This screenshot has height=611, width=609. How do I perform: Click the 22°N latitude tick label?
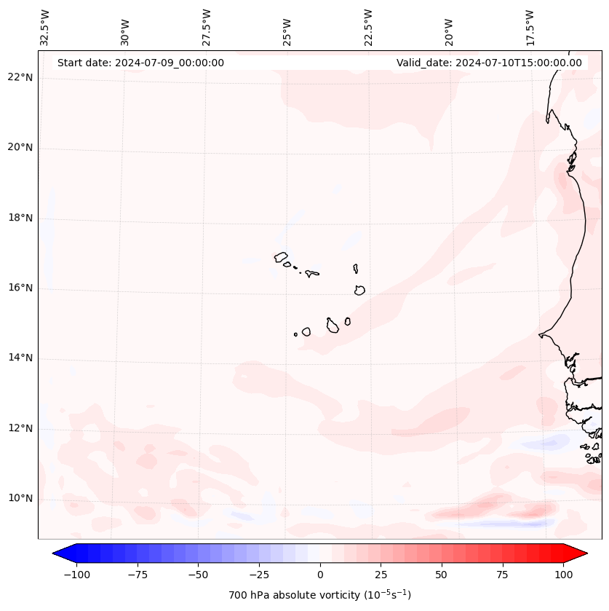20,78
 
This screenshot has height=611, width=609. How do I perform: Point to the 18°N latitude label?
20,218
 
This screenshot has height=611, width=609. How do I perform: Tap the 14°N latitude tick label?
20,358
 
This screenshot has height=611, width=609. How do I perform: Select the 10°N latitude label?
20,498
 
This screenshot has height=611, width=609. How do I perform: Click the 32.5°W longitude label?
45,28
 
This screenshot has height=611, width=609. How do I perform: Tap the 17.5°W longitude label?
530,28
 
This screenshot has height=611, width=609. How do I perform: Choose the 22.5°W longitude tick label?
367,28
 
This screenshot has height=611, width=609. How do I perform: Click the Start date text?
140,63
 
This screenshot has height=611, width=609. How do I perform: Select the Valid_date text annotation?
489,63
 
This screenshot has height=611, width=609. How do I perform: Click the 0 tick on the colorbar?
320,575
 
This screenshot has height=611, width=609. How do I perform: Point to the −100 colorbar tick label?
76,575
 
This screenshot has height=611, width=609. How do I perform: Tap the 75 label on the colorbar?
502,575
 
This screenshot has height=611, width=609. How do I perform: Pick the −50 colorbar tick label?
198,575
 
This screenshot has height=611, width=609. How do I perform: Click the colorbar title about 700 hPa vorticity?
320,595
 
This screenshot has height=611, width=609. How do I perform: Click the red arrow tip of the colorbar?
578,553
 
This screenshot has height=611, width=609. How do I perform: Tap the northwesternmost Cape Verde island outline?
281,257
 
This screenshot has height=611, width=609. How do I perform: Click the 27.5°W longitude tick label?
207,28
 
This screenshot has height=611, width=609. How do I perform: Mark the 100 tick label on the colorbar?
563,575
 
